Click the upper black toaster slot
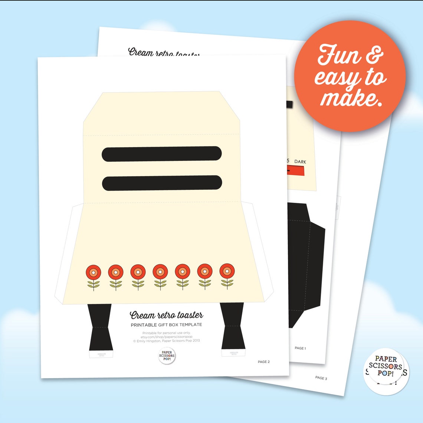coord(162,154)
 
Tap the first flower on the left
coord(94,277)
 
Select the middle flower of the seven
coord(160,277)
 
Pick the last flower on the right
coord(227,277)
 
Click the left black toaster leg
coord(100,326)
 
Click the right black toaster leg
coord(232,326)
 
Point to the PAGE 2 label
coord(264,362)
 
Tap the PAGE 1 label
coord(300,348)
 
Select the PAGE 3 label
coord(321,378)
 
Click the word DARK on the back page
coord(300,162)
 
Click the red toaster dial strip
coord(296,171)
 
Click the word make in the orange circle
coord(351,98)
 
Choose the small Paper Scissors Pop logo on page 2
coord(167,356)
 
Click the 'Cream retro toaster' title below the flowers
coord(166,315)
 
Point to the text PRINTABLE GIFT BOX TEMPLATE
coord(166,325)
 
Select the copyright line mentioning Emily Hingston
coord(166,341)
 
